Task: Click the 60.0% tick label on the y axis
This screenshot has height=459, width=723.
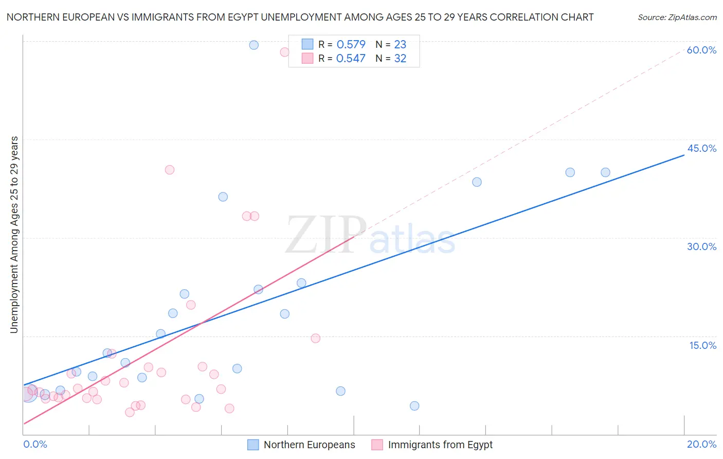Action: pos(701,50)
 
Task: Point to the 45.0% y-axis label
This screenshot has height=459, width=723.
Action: pos(701,148)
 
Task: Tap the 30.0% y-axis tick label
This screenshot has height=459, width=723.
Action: pos(701,246)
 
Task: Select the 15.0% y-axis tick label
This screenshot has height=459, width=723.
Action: pos(702,345)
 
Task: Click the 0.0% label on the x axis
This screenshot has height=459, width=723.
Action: pos(35,444)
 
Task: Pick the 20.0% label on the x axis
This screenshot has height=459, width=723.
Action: pos(701,444)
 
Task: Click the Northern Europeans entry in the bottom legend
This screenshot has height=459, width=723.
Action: pos(309,445)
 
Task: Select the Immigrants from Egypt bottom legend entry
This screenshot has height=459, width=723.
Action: pos(440,445)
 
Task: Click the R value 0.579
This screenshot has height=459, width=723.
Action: pos(351,44)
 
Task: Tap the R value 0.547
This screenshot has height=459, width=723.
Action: pos(351,58)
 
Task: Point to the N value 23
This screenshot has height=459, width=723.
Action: pos(400,44)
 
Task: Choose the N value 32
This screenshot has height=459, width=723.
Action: pos(400,58)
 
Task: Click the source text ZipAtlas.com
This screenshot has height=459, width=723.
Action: pos(677,17)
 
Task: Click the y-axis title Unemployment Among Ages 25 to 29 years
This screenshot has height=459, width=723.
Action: pos(14,235)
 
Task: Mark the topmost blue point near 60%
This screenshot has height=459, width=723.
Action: pos(254,45)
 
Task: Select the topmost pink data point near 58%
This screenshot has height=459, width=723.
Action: pos(284,52)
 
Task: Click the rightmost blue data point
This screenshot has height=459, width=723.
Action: pos(605,172)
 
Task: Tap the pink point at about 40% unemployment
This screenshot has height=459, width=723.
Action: pos(169,170)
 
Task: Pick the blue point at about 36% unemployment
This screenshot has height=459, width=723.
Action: pos(223,197)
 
